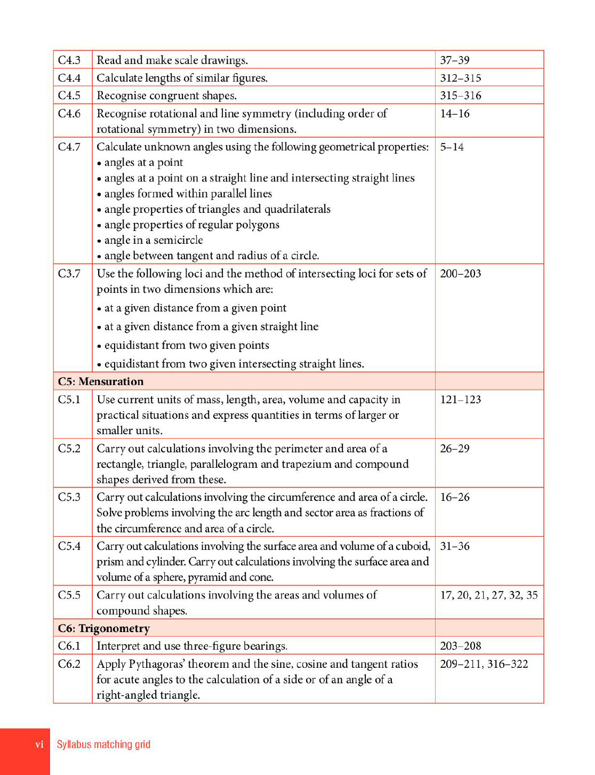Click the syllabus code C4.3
coord(69,60)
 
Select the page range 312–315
coord(461,78)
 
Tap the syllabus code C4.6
coord(69,114)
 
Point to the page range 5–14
coord(452,147)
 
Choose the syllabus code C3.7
coord(69,274)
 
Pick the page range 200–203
coord(461,274)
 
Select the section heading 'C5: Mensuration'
coord(101,381)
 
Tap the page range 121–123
coord(461,400)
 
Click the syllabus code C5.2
coord(69,449)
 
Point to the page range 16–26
coord(455,497)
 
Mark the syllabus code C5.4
coord(69,546)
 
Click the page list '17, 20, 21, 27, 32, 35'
coord(488,595)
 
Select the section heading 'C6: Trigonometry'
coord(104,628)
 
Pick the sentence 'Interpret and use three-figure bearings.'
coord(192,646)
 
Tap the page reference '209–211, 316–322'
coord(484,664)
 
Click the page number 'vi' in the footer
coord(39,745)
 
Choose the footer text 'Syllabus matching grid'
coord(103,745)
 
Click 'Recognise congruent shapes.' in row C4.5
coord(167,95)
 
